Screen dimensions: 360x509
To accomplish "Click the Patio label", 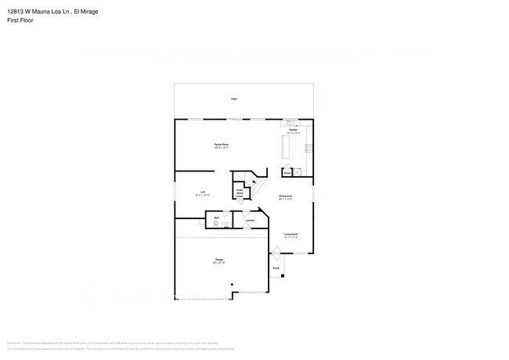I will click(233, 99).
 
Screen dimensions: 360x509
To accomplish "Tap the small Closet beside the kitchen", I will click(287, 172).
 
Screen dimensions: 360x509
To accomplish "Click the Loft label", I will click(202, 193).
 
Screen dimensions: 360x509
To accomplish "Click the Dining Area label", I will click(285, 197).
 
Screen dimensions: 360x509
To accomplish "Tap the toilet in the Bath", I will click(216, 224).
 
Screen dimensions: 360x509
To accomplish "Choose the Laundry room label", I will click(250, 221).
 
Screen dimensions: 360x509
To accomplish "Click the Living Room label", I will click(291, 234).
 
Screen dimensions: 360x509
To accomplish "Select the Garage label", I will click(219, 261).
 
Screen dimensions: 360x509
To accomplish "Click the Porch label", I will click(276, 268).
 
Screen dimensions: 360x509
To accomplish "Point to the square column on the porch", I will click(283, 275).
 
